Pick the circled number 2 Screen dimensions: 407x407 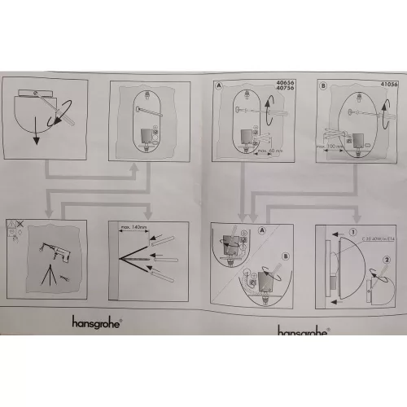pos(388,260)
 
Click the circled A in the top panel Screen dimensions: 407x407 pos(218,85)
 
